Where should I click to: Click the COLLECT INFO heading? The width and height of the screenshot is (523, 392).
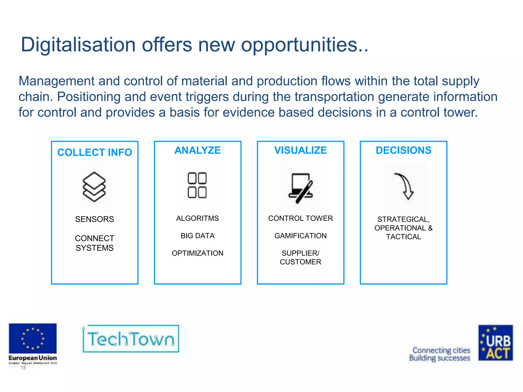94,152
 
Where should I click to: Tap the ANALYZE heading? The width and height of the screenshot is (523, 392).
197,150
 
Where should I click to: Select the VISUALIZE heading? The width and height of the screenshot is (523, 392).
300,150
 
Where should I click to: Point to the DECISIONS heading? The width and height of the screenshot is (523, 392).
403,150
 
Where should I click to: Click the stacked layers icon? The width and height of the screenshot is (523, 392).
94,187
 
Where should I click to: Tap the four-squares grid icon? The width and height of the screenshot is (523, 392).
197,185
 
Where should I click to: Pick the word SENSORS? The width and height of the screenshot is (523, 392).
94,219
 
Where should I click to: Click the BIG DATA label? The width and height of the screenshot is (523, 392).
197,236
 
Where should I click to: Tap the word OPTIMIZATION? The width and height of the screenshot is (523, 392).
197,253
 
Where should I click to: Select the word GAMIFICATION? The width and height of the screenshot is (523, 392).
300,236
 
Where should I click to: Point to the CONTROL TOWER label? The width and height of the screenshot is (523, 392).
300,218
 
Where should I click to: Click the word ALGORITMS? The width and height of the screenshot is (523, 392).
197,218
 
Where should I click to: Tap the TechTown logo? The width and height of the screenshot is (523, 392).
131,339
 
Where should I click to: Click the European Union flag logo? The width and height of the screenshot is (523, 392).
33,339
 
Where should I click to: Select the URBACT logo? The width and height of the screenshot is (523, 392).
495,343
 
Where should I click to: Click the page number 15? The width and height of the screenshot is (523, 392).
23,368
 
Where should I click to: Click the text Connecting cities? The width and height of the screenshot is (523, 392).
441,350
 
